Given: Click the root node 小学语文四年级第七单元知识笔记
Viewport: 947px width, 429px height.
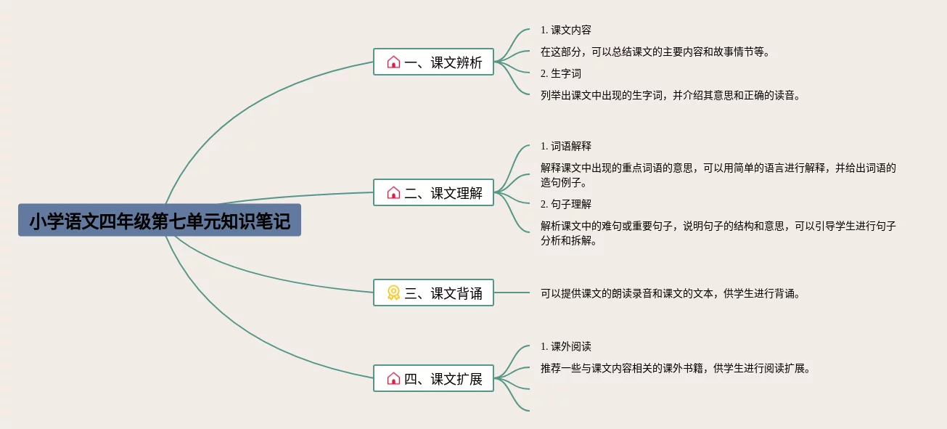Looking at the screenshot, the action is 160,221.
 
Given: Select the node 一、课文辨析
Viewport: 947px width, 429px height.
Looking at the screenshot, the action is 433,62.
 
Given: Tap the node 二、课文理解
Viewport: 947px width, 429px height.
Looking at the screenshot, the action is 433,193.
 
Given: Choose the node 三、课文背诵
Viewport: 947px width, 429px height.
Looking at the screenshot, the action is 433,293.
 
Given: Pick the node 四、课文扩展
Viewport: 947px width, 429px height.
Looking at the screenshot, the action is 433,378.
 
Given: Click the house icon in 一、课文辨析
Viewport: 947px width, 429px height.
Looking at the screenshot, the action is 393,62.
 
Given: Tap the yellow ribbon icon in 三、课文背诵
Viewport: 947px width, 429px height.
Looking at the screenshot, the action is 393,293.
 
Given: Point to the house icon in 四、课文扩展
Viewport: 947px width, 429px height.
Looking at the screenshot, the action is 393,378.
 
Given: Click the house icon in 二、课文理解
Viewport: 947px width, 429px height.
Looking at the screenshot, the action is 393,193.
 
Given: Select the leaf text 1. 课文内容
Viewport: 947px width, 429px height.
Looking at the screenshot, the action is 565,30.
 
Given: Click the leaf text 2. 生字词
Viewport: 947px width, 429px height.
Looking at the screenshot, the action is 560,73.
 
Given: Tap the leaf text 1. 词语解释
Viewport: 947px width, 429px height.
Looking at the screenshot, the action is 565,146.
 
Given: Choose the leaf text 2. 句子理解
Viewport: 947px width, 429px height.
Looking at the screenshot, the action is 565,204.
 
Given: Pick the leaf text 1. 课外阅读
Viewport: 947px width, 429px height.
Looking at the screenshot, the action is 565,346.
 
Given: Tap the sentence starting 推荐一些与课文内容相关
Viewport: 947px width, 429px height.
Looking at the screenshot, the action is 674,368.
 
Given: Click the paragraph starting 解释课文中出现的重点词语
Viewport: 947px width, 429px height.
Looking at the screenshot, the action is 718,175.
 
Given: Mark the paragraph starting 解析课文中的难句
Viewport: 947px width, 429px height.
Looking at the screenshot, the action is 718,233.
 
